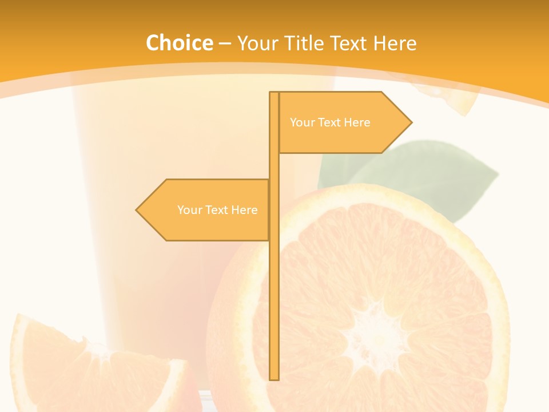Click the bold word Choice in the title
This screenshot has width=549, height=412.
click(180, 43)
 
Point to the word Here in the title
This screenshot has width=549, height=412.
click(395, 43)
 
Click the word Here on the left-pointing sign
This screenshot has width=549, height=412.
click(244, 210)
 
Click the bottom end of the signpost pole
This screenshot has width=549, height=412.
click(274, 378)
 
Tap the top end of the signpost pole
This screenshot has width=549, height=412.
click(274, 93)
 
